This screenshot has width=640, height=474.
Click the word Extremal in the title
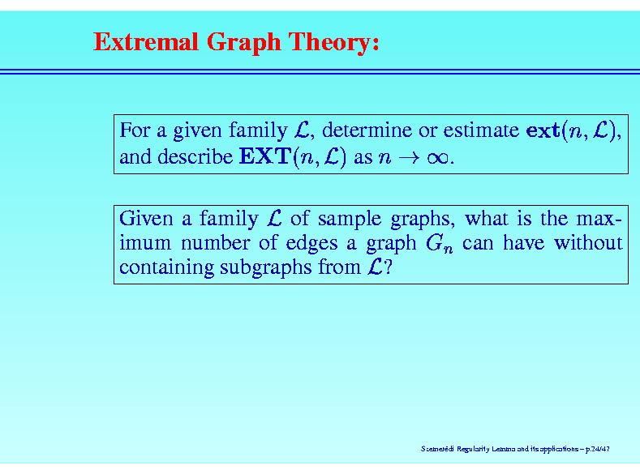(146, 41)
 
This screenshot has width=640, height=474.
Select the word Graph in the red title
(243, 43)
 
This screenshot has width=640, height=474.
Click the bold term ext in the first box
(543, 130)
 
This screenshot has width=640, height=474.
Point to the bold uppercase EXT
(264, 156)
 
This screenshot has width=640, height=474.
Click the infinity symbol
(438, 158)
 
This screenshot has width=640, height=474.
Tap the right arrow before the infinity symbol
(409, 158)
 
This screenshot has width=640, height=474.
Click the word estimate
(481, 130)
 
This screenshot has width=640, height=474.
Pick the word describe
(195, 156)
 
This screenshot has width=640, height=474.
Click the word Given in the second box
(146, 219)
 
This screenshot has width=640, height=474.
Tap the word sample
(350, 220)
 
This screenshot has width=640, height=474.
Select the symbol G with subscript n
(439, 244)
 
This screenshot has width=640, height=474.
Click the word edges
(311, 244)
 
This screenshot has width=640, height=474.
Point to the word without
(588, 243)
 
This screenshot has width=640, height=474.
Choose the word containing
(166, 268)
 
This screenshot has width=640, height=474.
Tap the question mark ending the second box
(388, 267)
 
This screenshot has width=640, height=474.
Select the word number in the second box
(215, 243)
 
